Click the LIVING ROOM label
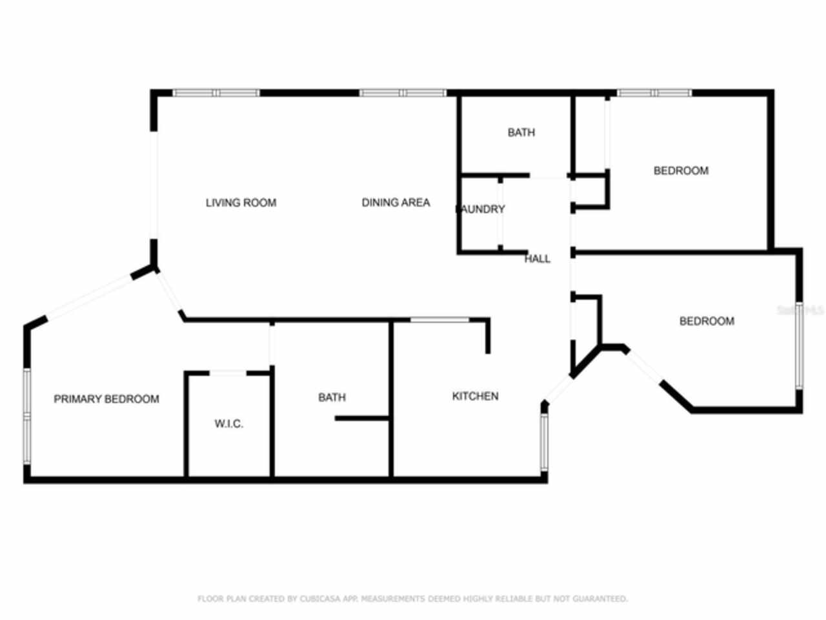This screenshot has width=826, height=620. click(241, 203)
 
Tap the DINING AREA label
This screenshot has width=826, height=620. click(395, 203)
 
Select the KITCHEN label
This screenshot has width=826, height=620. click(475, 396)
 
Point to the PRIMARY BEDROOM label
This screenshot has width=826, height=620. click(106, 399)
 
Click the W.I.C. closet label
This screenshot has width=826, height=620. click(228, 424)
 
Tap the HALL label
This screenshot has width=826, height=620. click(537, 259)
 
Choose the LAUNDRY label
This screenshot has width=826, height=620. click(481, 209)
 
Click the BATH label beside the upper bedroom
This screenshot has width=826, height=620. click(521, 132)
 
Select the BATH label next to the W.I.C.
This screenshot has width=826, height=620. click(332, 397)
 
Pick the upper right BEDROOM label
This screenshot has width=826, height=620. click(681, 170)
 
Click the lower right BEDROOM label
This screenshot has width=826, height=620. click(707, 321)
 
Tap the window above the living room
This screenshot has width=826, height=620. click(216, 93)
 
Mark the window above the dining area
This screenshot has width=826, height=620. click(403, 93)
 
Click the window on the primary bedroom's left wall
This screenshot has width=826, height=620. click(27, 415)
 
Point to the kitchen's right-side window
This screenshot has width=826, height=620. click(544, 442)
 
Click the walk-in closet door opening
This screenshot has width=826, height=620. click(228, 373)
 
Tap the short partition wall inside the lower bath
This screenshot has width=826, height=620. click(362, 418)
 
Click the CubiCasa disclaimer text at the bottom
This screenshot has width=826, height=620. click(412, 599)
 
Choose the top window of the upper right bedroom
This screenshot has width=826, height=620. click(654, 93)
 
